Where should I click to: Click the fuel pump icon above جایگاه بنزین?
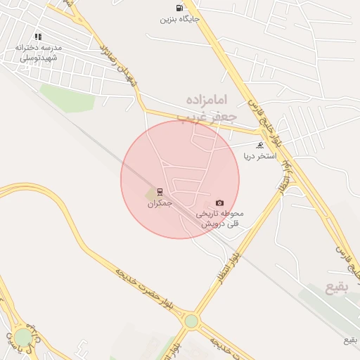(179, 8)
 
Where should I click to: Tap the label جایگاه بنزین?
(179, 19)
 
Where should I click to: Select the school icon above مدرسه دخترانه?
(38, 37)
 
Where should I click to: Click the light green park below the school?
(67, 98)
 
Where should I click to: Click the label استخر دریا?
(260, 155)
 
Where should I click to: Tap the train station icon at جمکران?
(160, 192)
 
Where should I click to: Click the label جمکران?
(160, 203)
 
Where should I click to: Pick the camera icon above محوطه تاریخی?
(219, 202)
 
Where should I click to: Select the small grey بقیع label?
(350, 340)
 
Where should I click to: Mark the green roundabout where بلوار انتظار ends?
(191, 321)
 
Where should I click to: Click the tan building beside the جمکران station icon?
(150, 193)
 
